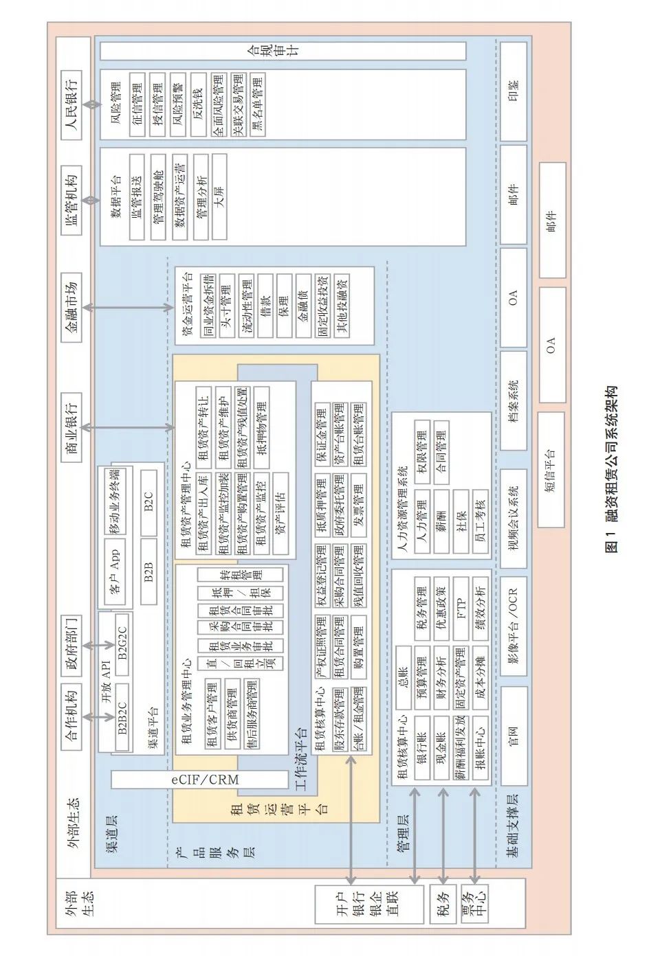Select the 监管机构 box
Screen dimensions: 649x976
point(71,199)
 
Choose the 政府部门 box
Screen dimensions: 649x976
point(71,644)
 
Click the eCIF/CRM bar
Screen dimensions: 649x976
point(199,780)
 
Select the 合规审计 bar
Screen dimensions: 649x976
point(283,51)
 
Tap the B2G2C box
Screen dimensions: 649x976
point(122,636)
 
